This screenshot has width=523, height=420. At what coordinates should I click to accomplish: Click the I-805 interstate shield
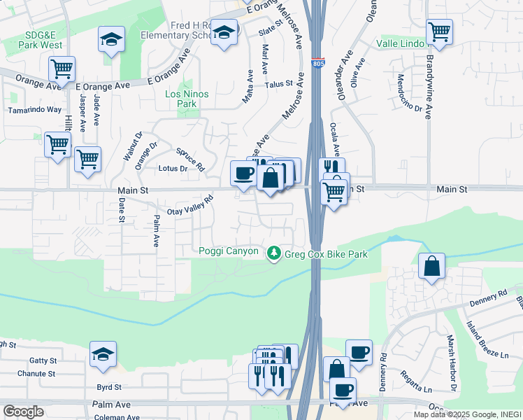(318, 63)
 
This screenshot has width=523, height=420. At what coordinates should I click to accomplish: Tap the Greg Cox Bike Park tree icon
(275, 252)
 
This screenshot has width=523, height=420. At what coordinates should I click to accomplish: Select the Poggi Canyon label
(229, 251)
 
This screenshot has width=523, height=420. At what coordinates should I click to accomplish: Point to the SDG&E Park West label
(34, 40)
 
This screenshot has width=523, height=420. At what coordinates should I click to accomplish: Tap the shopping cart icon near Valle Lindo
(439, 31)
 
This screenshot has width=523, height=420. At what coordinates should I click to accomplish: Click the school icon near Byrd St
(103, 355)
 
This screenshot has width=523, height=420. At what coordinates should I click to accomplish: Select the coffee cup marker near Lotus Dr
(243, 172)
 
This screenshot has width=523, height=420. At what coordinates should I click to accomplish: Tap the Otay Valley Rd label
(189, 204)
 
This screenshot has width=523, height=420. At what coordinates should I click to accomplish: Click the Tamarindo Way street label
(35, 110)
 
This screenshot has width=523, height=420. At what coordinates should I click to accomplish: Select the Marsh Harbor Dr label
(453, 374)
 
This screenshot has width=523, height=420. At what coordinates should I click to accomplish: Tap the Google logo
(23, 412)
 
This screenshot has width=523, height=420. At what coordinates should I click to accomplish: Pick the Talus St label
(278, 84)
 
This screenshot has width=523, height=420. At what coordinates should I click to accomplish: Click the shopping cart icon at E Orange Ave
(62, 69)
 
